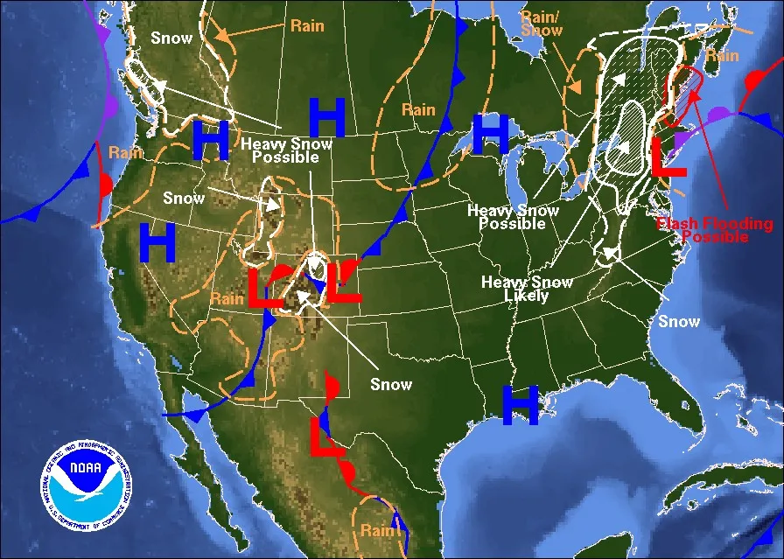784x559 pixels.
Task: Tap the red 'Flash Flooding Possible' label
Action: coord(703,229)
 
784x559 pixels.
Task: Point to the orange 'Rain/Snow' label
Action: coord(542,24)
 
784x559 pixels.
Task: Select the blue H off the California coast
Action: coord(157,244)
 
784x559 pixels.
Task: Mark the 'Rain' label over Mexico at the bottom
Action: coord(377,530)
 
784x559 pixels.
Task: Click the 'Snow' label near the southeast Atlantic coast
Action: coord(679,321)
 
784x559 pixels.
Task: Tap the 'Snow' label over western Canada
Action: coord(171,38)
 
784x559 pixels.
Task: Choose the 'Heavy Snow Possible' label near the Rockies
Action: coord(287,150)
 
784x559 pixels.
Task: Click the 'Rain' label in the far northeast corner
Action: coord(723,55)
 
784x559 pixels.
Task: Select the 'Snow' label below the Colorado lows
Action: coord(390,384)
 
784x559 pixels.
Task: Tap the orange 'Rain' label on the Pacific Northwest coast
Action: coord(125,152)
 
